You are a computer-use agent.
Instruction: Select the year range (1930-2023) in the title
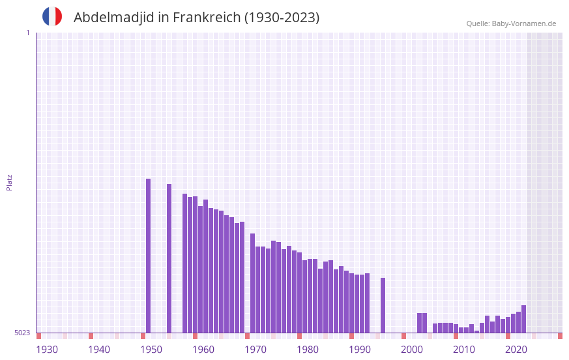(282, 18)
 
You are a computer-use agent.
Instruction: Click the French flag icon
(52, 16)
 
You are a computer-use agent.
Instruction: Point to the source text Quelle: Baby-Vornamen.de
(511, 23)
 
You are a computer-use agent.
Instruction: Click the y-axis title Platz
(9, 182)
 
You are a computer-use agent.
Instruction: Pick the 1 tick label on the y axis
(27, 33)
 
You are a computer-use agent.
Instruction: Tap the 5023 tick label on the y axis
(22, 333)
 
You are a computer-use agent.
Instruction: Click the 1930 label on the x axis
(47, 350)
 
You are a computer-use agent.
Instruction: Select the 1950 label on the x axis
(151, 350)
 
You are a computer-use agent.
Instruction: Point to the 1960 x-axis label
(203, 350)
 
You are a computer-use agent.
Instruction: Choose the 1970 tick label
(255, 350)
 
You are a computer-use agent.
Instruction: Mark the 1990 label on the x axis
(360, 350)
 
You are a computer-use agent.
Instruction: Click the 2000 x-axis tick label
(412, 350)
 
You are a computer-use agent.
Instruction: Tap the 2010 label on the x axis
(464, 350)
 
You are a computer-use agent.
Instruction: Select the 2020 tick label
(516, 350)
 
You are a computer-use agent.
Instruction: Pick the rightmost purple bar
(523, 319)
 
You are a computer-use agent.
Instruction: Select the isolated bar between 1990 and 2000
(383, 305)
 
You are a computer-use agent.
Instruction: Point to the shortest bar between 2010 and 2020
(476, 331)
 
